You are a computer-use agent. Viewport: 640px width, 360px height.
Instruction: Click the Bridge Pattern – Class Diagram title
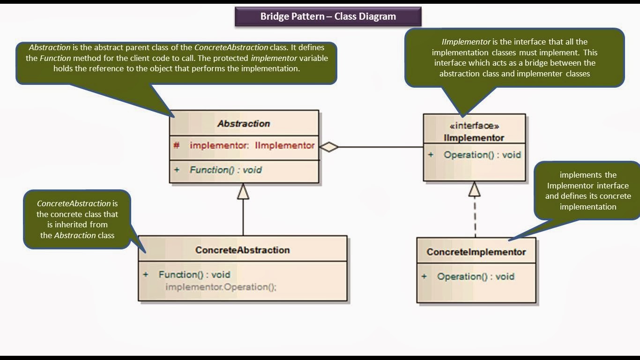point(328,16)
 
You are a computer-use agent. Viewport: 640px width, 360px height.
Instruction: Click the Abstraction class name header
point(244,124)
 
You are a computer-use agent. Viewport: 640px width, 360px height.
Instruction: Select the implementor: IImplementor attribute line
point(252,145)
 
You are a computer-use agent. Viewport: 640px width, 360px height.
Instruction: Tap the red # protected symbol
point(176,145)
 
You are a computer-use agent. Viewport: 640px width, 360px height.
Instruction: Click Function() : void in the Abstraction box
point(225,170)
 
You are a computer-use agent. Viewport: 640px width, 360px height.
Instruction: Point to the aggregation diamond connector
point(329,147)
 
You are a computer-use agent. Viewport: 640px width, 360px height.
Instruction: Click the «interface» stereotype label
point(474,126)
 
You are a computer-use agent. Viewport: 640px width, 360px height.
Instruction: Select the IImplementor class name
point(474,138)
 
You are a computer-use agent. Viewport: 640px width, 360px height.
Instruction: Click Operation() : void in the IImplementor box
point(482,155)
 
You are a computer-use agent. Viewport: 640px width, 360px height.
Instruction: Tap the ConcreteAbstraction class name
point(242,250)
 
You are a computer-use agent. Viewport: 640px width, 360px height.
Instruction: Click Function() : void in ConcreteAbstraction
point(194,275)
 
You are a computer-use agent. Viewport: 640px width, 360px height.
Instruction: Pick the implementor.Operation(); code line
point(221,287)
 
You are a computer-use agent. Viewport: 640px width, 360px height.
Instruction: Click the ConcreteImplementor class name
point(476,252)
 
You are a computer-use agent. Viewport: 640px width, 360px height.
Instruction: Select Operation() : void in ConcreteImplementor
point(476,277)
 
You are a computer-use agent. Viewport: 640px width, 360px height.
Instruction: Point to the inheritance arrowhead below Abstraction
point(243,191)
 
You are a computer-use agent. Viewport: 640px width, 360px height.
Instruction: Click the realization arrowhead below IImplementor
point(475,189)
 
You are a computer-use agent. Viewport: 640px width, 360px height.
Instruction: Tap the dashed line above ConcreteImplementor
point(475,218)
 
